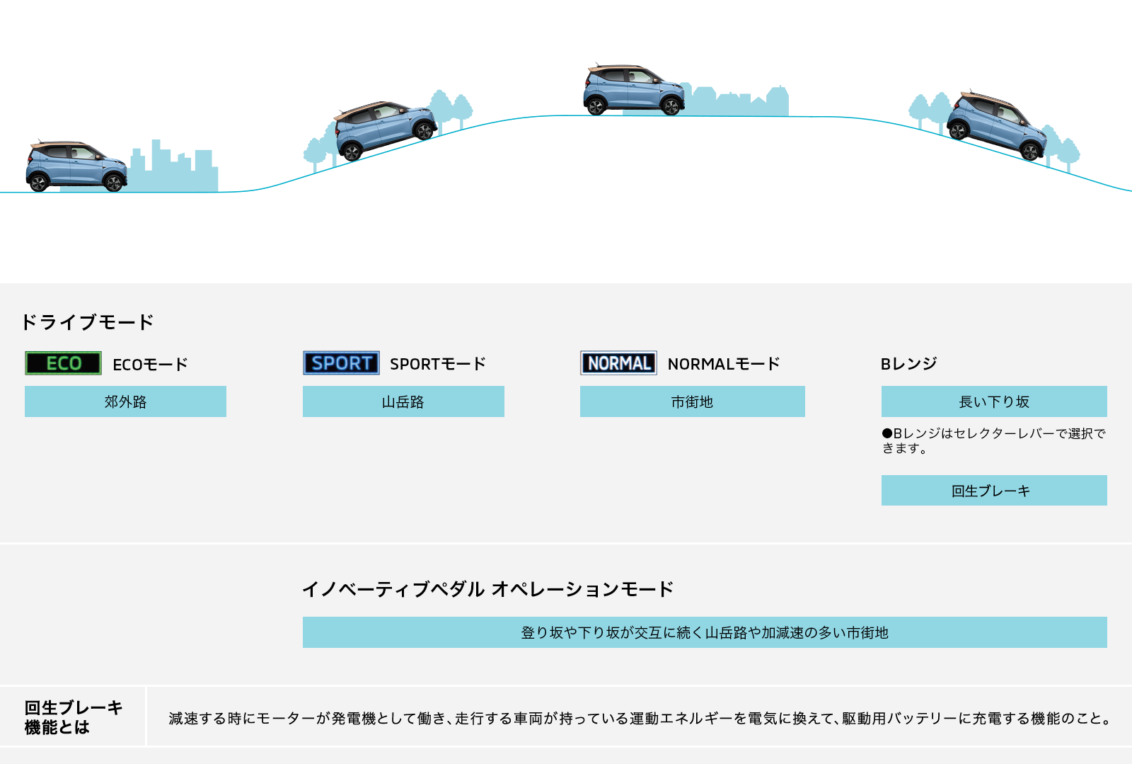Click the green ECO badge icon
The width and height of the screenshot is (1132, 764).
pos(63,363)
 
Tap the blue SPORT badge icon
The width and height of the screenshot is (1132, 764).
pos(341,363)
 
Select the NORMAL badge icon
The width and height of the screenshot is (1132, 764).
pos(618,363)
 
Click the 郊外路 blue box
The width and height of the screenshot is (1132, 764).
pos(125,401)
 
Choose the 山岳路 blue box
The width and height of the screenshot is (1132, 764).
pos(403,401)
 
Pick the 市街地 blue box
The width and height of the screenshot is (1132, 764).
pos(692,401)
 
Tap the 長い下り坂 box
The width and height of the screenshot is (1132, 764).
pos(993,401)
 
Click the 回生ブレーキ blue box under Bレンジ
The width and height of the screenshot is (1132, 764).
pos(993,491)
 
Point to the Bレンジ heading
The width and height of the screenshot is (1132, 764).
pos(908,364)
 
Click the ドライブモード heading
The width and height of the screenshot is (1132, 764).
pos(88,322)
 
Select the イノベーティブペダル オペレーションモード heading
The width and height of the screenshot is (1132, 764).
pos(487,589)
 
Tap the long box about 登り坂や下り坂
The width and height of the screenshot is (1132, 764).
pos(704,632)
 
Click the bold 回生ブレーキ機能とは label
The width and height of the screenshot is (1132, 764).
pos(73,717)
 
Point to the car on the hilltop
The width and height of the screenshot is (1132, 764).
pos(633,90)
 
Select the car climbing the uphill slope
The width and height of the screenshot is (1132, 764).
pos(384,129)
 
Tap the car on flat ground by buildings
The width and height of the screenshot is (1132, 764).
pos(76,166)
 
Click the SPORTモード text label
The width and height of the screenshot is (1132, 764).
pos(438,364)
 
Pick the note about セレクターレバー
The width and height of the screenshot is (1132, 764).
pos(993,440)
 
